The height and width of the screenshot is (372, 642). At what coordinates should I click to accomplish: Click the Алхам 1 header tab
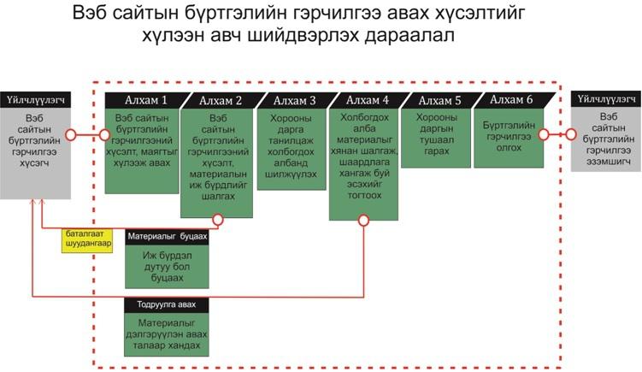[147, 100]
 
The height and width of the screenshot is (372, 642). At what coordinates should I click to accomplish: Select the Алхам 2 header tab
[222, 101]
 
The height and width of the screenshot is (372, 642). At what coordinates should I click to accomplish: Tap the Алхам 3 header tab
[296, 100]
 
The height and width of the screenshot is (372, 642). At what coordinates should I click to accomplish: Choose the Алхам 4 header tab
[368, 100]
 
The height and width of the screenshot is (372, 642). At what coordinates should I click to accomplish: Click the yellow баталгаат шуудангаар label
[87, 240]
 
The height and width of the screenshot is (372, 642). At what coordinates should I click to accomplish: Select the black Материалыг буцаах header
[167, 237]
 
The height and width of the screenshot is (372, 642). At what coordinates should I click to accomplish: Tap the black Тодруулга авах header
[167, 305]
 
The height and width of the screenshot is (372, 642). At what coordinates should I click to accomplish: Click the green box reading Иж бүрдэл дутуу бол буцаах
[167, 267]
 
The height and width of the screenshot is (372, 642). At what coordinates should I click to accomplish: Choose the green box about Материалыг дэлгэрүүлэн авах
[167, 334]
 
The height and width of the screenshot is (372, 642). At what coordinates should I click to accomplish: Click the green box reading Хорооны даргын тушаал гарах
[436, 138]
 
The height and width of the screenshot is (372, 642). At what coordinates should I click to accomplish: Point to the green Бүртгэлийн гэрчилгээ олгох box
[509, 138]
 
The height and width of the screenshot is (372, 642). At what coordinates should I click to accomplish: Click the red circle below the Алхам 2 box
[218, 220]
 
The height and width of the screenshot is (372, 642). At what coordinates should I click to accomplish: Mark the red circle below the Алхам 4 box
[363, 221]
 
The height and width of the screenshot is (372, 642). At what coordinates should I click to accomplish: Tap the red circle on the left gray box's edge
[70, 134]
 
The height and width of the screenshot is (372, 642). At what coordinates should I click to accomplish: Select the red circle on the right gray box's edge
[571, 134]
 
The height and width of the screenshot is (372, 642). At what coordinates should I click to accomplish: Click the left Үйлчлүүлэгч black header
[35, 100]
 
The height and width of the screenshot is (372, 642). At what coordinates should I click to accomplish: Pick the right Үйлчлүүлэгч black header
[606, 99]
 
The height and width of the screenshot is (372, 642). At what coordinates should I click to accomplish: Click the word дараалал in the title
[409, 35]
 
